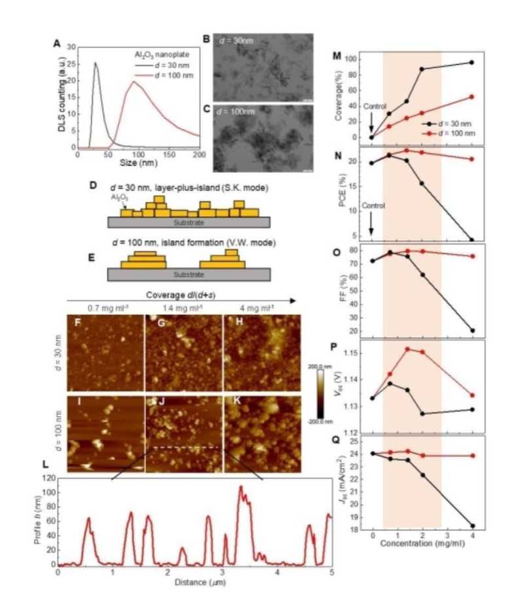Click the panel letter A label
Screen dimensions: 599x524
pos(57,45)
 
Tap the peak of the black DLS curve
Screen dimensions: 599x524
pos(96,64)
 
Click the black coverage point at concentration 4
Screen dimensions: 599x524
pos(472,62)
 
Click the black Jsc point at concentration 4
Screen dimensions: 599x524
pos(472,526)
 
